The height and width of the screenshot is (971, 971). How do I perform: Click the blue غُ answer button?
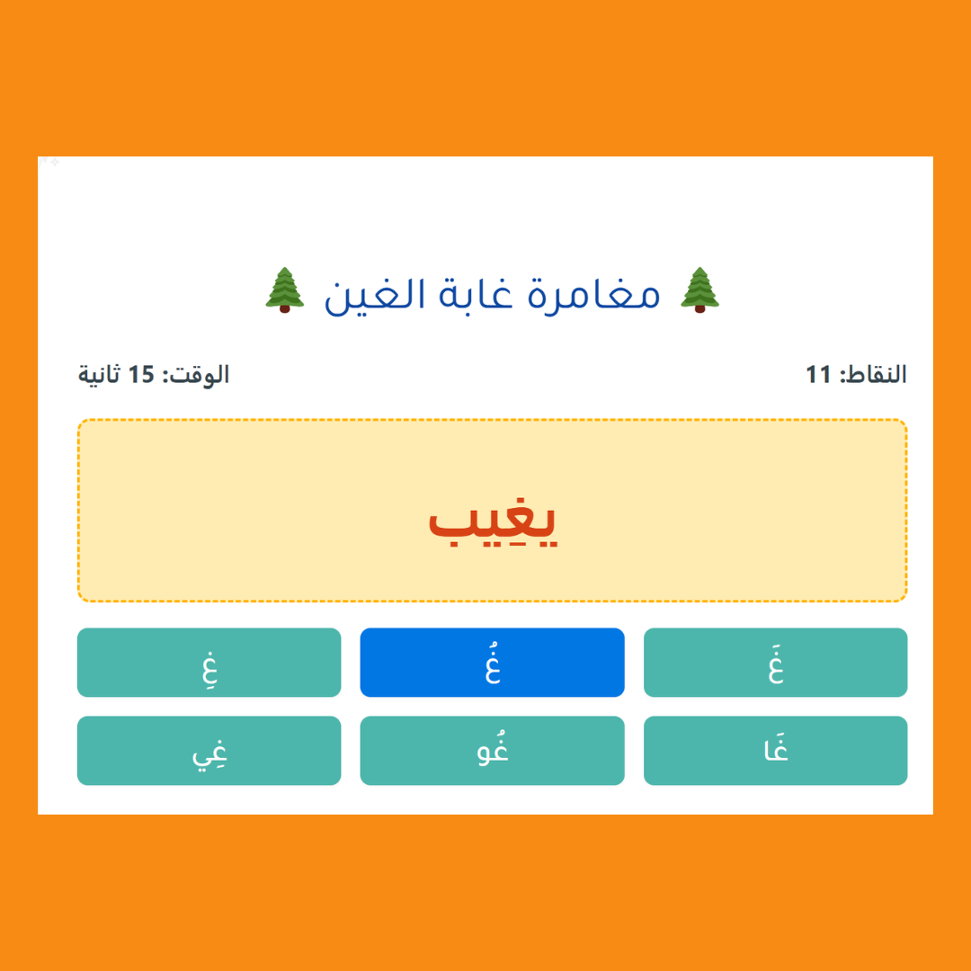point(493,662)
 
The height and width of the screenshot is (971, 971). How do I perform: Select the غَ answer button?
point(775,662)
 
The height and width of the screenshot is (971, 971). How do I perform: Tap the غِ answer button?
point(209,662)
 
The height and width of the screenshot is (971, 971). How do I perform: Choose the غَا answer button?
point(775,750)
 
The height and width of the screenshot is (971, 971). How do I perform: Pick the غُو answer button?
point(493,750)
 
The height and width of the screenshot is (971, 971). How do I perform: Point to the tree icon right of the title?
point(699,290)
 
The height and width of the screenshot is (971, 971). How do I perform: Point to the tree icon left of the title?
point(285,290)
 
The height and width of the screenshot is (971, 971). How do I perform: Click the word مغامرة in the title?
point(593,296)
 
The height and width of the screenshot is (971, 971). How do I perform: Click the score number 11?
point(818,375)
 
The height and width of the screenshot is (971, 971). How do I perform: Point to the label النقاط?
point(873,375)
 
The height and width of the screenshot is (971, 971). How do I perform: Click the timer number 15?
point(140,375)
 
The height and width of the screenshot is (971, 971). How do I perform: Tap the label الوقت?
point(196,375)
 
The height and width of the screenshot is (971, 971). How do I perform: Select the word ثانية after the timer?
point(99,375)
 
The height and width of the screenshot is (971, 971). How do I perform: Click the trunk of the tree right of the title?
point(699,308)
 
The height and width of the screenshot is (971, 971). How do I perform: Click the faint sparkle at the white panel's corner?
point(49,162)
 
